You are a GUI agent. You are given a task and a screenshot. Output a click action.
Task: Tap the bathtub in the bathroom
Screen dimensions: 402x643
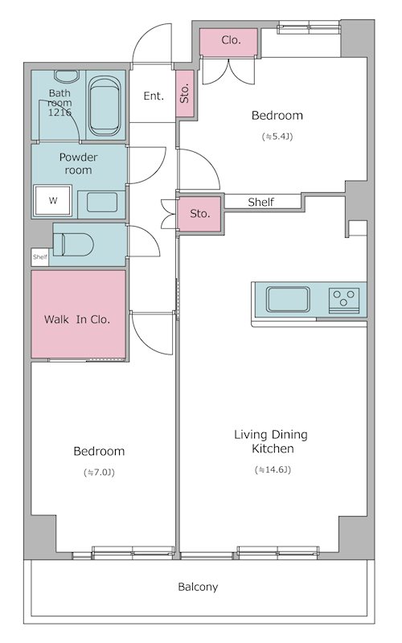pyautogui.click(x=105, y=107)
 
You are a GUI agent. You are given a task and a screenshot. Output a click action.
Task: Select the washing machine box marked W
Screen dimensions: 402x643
pyautogui.click(x=53, y=200)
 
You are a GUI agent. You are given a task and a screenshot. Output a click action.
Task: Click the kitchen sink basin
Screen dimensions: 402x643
pyautogui.click(x=288, y=299)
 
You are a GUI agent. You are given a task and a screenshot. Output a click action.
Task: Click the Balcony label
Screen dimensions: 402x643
pyautogui.click(x=198, y=587)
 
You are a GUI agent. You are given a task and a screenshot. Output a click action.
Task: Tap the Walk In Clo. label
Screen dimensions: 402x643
pyautogui.click(x=77, y=319)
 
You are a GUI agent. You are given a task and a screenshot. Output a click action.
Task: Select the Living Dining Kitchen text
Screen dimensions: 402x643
pyautogui.click(x=272, y=441)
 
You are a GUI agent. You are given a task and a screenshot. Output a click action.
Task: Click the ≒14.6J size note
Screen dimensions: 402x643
pyautogui.click(x=273, y=469)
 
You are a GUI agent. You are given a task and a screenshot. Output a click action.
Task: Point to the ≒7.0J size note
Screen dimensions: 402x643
pyautogui.click(x=99, y=472)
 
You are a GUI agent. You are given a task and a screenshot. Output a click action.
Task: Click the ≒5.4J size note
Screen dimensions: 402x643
pyautogui.click(x=277, y=137)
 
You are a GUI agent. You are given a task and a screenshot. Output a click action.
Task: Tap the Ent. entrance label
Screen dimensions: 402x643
pyautogui.click(x=154, y=96)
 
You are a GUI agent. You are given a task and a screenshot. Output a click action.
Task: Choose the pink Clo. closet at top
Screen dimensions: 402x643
pyautogui.click(x=229, y=42)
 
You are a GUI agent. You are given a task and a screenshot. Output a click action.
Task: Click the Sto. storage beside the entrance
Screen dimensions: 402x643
pyautogui.click(x=185, y=93)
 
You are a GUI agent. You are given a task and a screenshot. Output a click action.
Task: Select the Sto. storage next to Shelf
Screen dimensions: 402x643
pyautogui.click(x=199, y=214)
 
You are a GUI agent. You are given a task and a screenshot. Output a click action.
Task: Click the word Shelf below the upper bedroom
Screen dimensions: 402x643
pyautogui.click(x=260, y=202)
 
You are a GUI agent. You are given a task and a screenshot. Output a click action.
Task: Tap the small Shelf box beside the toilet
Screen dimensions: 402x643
pyautogui.click(x=40, y=257)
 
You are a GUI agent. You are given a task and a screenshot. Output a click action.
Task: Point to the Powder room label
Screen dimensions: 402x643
pyautogui.click(x=78, y=163)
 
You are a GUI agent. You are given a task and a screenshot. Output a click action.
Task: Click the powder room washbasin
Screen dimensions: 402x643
pyautogui.click(x=102, y=203)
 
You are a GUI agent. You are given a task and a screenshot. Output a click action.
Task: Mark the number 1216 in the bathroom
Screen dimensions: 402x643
pyautogui.click(x=59, y=112)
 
